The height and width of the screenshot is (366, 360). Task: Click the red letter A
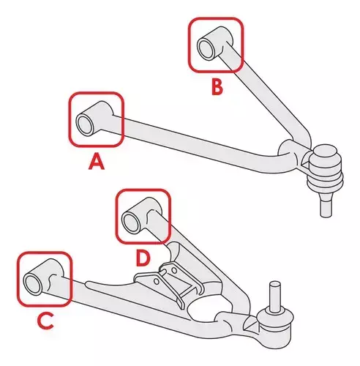97,161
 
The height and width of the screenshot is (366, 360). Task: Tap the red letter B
217,87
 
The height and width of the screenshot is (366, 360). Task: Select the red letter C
45,321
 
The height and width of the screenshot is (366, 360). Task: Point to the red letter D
143,258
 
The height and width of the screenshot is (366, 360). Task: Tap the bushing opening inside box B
206,48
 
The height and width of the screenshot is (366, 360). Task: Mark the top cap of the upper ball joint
325,152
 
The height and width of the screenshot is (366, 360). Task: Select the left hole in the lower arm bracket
157,282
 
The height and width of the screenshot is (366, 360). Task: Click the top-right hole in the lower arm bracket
174,270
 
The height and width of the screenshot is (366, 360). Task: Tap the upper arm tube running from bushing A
195,144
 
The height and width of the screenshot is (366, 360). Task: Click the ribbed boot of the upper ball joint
325,174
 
